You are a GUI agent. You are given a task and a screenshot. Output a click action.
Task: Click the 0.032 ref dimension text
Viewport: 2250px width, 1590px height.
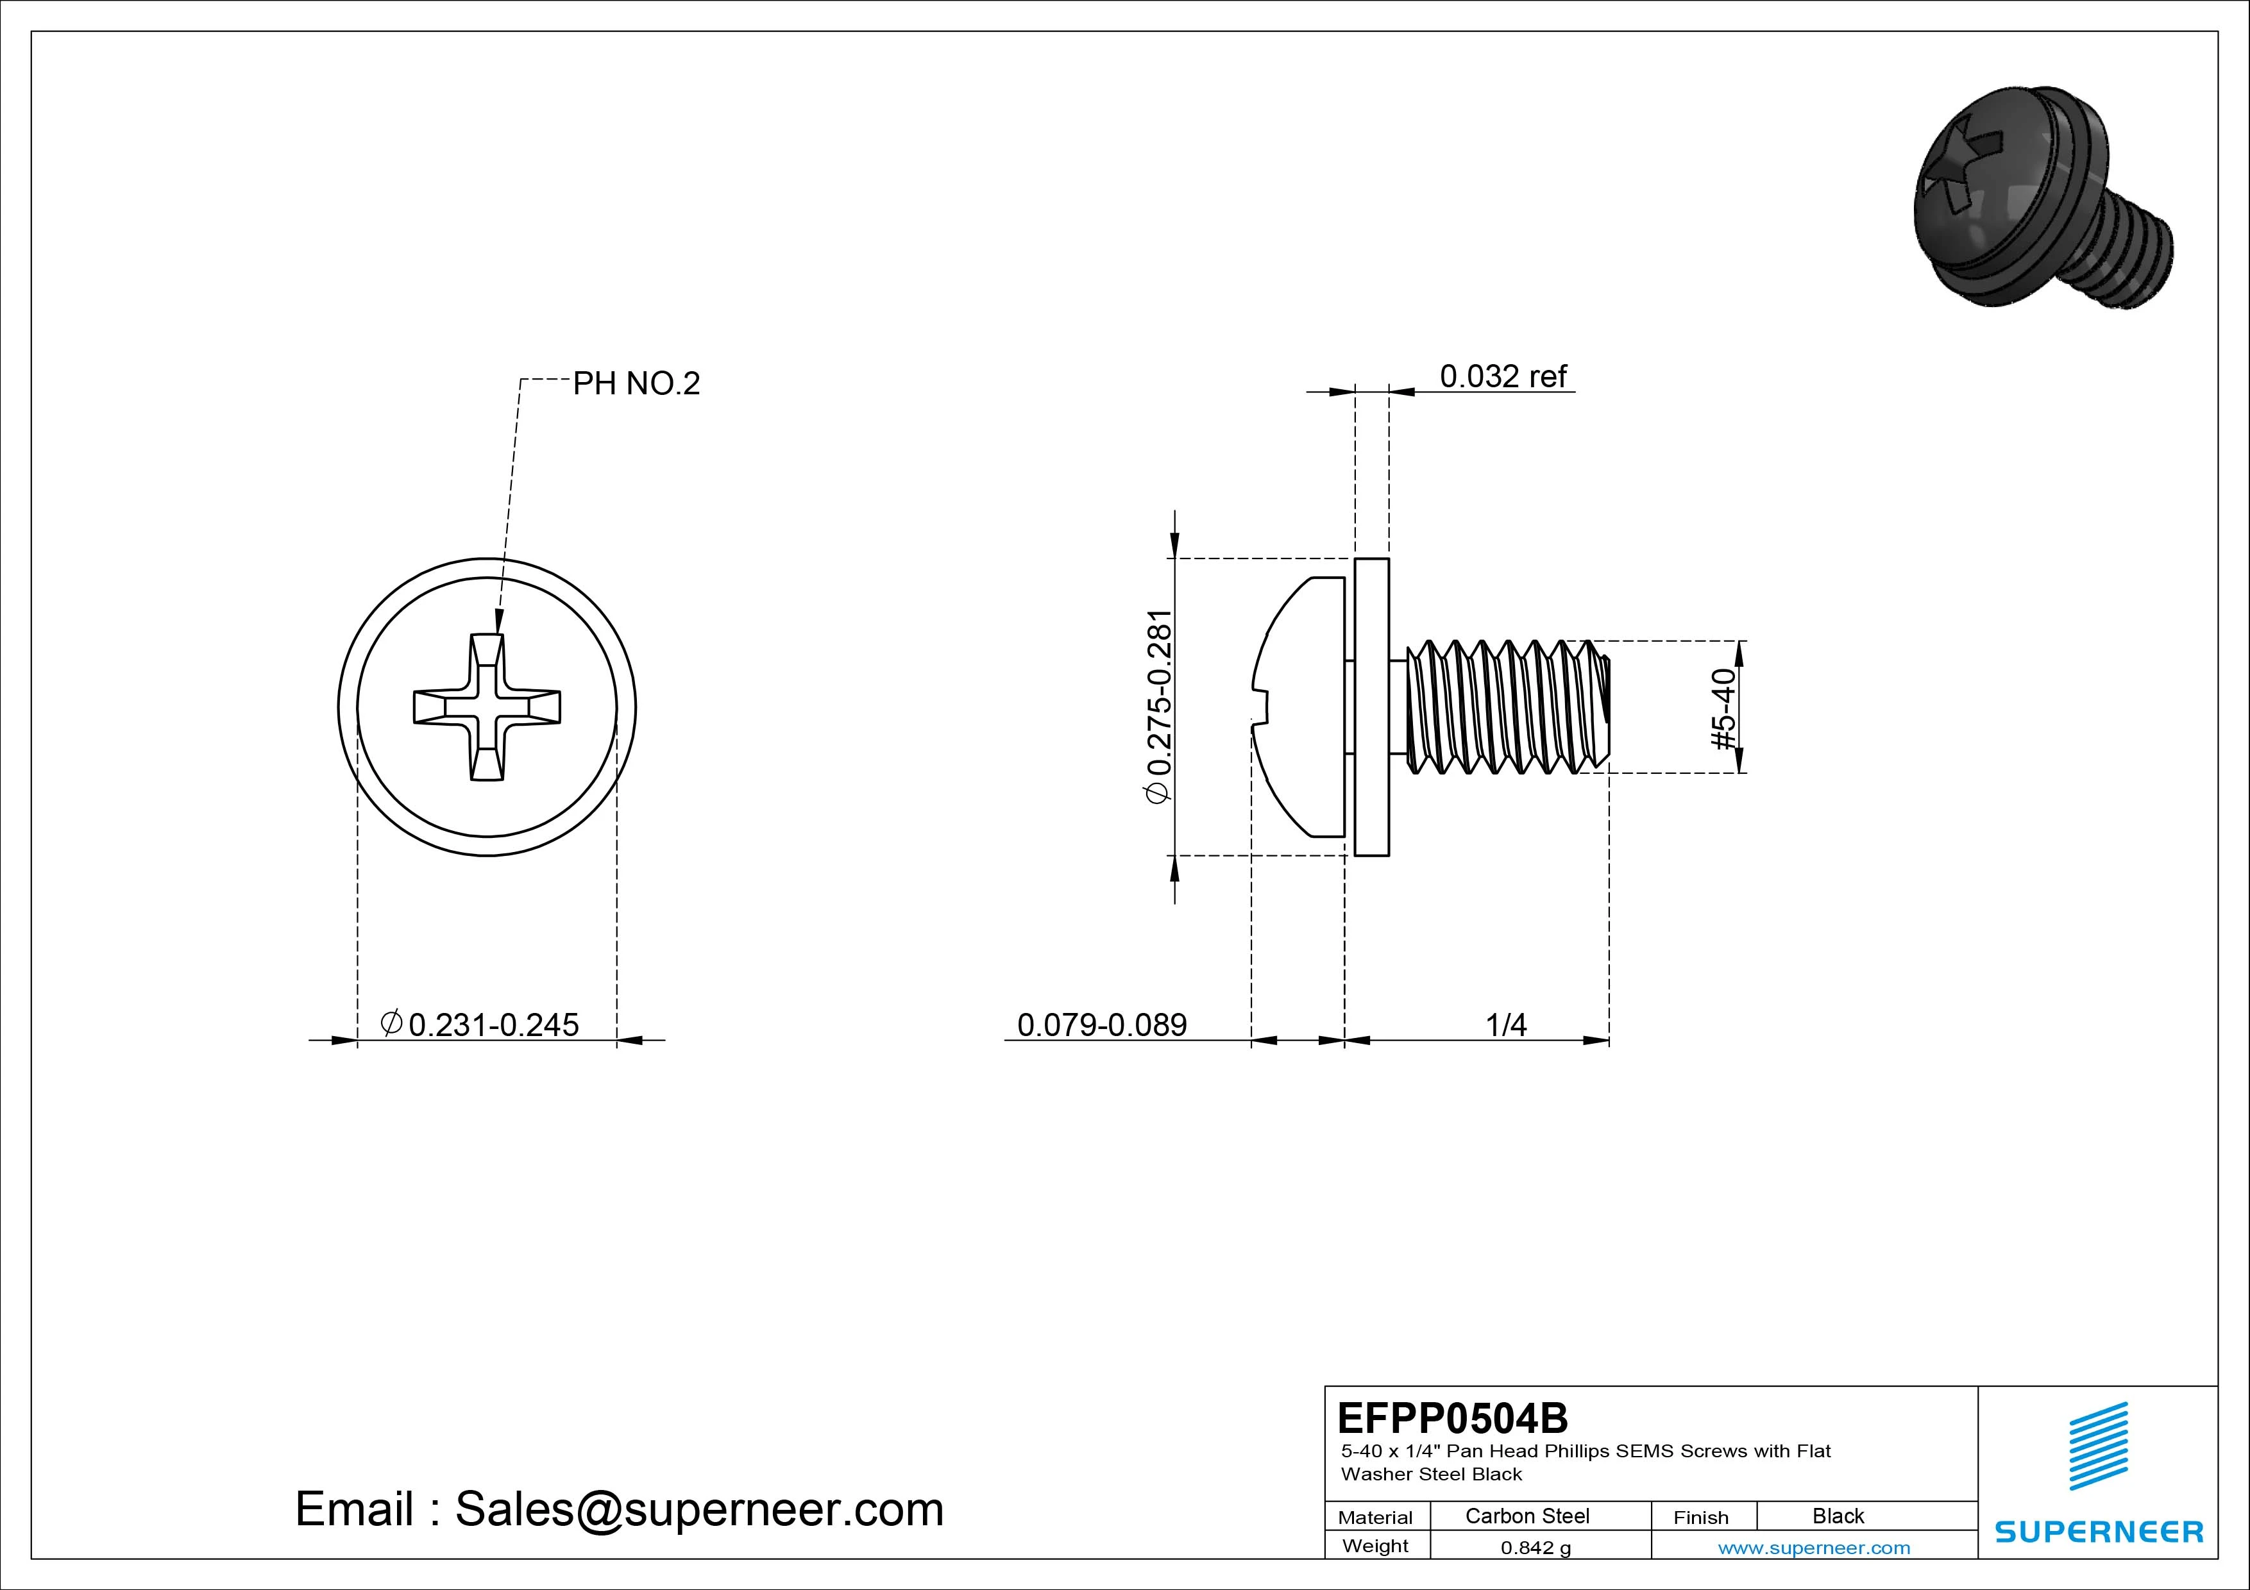(x=1502, y=376)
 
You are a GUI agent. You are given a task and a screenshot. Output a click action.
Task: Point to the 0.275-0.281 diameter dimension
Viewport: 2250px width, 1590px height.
(x=1159, y=707)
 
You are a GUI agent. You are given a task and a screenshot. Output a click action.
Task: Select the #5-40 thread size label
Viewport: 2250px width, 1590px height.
(x=1723, y=709)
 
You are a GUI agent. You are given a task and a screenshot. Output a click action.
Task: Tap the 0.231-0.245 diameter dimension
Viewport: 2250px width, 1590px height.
(x=480, y=1025)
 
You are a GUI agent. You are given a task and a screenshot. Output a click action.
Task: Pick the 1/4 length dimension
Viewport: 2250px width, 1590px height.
(x=1505, y=1025)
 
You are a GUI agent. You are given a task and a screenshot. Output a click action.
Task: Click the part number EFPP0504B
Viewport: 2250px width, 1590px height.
(x=1452, y=1418)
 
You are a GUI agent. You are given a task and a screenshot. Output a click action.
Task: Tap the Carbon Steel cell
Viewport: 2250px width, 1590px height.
(x=1527, y=1516)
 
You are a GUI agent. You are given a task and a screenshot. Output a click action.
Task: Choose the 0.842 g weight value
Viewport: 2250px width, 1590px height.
(x=1535, y=1548)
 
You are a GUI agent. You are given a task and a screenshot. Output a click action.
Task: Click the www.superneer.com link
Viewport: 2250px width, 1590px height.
(x=1814, y=1548)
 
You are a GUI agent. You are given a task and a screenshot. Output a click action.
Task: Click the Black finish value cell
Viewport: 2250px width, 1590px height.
(x=1838, y=1516)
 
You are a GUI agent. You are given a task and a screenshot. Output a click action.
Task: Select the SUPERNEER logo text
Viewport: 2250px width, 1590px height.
(x=2099, y=1531)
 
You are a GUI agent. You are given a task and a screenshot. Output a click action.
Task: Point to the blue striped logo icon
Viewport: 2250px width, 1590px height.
(x=2098, y=1446)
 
